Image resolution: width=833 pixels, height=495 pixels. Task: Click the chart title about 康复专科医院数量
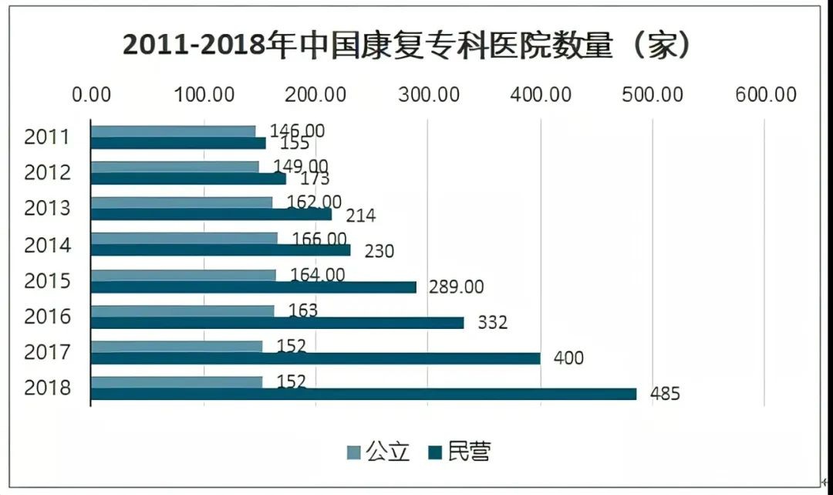[x=406, y=46]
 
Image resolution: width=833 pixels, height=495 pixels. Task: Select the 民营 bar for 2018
[x=363, y=394]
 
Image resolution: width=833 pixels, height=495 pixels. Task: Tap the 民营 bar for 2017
[x=315, y=358]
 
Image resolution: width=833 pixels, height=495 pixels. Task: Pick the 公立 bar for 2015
[x=184, y=275]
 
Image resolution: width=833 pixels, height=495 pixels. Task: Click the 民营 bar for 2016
[x=278, y=323]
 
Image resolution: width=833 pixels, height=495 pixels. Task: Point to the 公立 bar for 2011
[x=173, y=131]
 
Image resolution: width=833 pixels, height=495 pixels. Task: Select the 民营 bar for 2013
[x=211, y=215]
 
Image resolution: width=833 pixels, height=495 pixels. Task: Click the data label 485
[x=665, y=394]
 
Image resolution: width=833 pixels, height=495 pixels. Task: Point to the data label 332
[x=492, y=323]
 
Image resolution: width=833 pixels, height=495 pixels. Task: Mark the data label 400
[x=568, y=358]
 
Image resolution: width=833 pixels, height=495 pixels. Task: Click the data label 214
[x=360, y=215]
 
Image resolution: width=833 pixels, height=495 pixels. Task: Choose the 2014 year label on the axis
[x=48, y=245]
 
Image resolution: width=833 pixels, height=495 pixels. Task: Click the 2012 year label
[x=48, y=172]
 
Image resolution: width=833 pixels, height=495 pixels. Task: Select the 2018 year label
[x=48, y=388]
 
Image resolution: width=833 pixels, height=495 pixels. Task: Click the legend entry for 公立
[x=378, y=452]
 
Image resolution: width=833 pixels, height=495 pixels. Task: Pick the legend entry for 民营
[x=460, y=452]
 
